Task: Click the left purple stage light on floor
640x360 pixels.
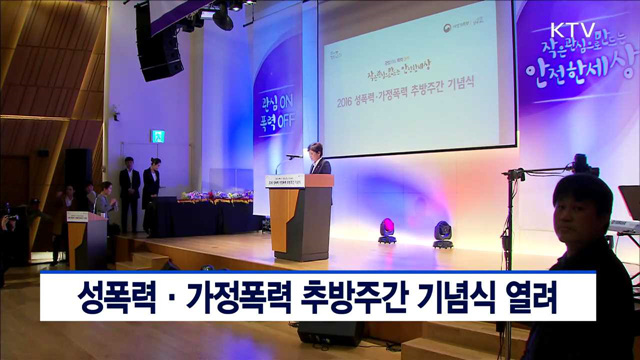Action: [387, 231]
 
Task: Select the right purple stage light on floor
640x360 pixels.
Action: [442, 234]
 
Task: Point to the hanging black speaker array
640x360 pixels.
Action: [156, 42]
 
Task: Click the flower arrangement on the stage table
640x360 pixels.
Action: [215, 196]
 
